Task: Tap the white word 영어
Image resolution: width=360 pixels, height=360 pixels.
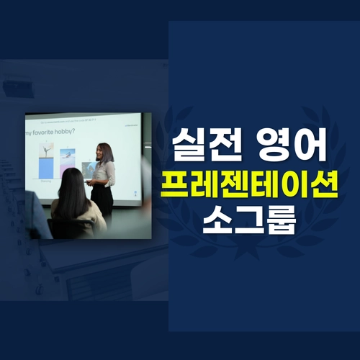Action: click(292, 147)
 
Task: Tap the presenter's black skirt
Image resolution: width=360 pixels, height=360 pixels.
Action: click(102, 202)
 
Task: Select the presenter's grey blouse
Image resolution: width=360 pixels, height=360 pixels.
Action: click(104, 174)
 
